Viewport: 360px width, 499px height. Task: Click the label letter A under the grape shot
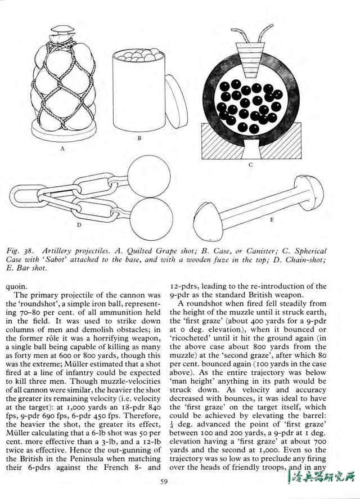click(63, 150)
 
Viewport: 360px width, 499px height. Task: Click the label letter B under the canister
click(139, 137)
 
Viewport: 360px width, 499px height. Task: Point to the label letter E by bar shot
click(271, 220)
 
